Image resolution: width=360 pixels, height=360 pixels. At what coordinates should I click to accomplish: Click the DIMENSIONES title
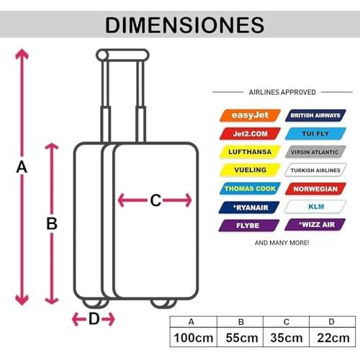[x=184, y=25]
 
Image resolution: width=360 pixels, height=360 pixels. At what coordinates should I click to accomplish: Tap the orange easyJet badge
[x=250, y=115]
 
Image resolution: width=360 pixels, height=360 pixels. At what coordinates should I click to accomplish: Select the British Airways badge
[x=315, y=115]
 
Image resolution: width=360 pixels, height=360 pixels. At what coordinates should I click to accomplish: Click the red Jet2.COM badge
[x=250, y=134]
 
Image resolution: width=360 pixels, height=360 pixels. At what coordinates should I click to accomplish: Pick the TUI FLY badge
[x=315, y=134]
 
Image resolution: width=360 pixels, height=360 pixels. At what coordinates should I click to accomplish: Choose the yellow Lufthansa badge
[x=250, y=152]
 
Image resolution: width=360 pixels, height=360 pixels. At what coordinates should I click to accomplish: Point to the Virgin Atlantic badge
[x=315, y=152]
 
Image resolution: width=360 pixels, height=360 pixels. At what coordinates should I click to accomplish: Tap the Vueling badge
[x=250, y=170]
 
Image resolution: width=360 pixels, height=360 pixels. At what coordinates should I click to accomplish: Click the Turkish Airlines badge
[x=315, y=170]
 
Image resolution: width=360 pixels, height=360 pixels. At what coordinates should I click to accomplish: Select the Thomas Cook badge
[x=250, y=189]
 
